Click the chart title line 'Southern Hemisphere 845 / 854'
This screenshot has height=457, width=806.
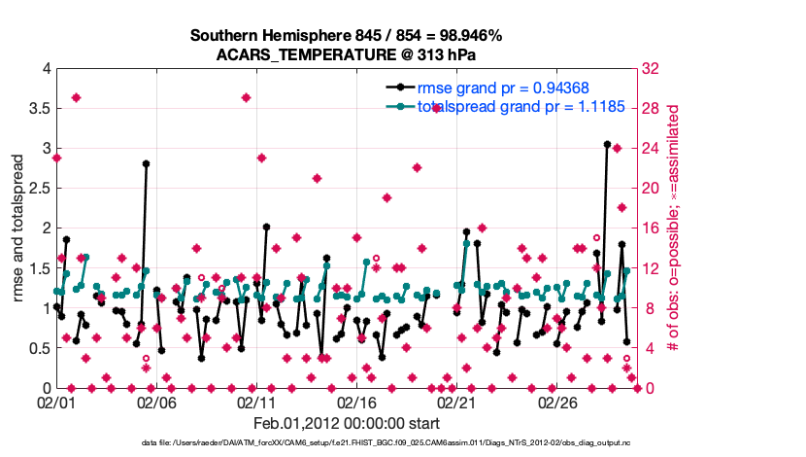point(346,36)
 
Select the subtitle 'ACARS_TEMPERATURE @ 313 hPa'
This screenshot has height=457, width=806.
point(346,54)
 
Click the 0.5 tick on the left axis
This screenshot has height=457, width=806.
point(39,348)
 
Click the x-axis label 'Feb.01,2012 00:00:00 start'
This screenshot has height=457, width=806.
point(347,423)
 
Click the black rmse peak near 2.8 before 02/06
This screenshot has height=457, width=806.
point(146,164)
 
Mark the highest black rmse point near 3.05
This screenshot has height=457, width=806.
point(607,144)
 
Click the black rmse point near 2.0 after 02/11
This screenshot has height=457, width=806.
point(266,227)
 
